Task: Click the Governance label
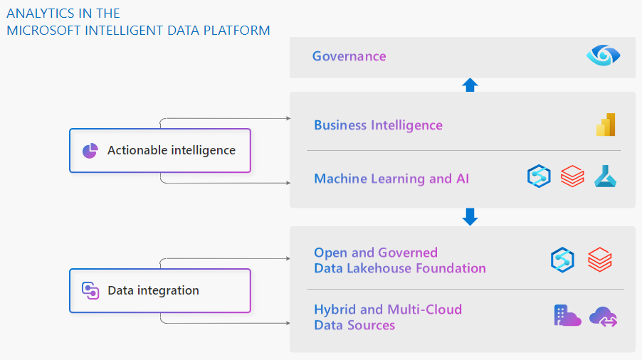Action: tap(349, 56)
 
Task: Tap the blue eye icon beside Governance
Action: tap(604, 55)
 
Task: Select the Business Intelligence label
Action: tap(378, 125)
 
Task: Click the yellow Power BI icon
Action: tap(606, 125)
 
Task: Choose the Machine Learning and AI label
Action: tap(391, 179)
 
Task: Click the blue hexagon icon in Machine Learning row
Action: tap(539, 176)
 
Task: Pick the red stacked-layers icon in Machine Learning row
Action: tap(572, 176)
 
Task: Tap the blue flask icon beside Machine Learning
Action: tap(605, 176)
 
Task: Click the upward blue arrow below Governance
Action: tap(470, 85)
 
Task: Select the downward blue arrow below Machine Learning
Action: tap(470, 216)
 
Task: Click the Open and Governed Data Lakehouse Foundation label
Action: tap(399, 260)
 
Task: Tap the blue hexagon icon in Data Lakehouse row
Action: tap(562, 260)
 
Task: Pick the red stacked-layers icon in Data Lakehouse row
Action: tap(600, 260)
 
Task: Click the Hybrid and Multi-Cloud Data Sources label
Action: tap(388, 317)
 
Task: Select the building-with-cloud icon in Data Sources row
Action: tap(567, 316)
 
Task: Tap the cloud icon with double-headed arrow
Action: tap(604, 317)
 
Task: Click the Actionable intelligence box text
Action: tap(171, 150)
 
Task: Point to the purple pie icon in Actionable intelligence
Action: tap(90, 150)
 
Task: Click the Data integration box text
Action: tap(153, 290)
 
